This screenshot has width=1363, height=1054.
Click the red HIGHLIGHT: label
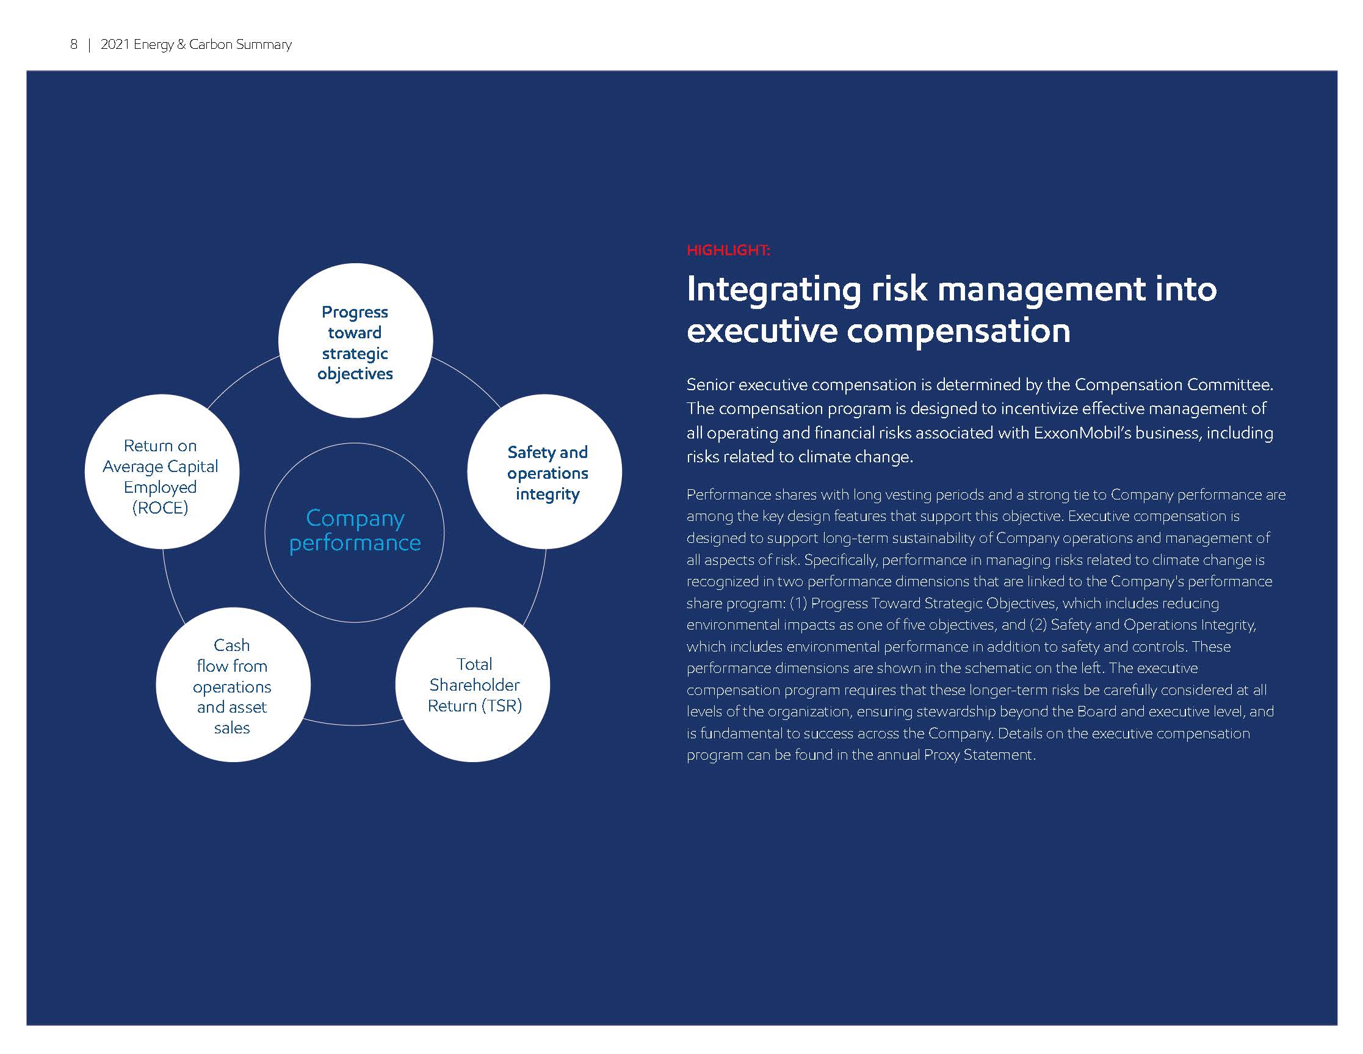click(x=728, y=250)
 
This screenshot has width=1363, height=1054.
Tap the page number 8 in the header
click(x=74, y=45)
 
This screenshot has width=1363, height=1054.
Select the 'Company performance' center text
click(x=355, y=530)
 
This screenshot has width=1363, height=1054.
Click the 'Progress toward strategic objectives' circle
click(x=355, y=340)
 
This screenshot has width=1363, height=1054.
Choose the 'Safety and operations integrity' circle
click(x=544, y=471)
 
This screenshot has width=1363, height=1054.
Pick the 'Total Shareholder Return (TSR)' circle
click(x=473, y=685)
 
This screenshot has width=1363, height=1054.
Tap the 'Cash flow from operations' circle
click(x=233, y=685)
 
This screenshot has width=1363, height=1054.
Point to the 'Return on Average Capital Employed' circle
click(x=162, y=471)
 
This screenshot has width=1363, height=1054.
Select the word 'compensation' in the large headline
click(x=958, y=331)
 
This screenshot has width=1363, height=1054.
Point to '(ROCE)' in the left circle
click(x=161, y=507)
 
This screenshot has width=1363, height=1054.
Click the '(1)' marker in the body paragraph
click(x=799, y=603)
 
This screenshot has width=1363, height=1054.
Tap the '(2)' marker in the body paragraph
click(x=1038, y=625)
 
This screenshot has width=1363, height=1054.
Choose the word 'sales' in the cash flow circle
click(x=232, y=728)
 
